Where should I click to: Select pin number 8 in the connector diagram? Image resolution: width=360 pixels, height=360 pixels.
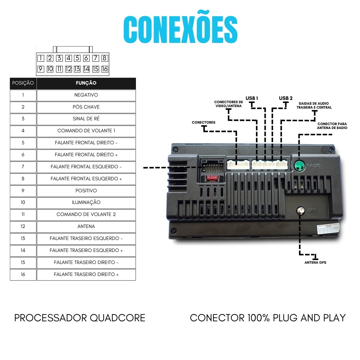(x=104, y=58)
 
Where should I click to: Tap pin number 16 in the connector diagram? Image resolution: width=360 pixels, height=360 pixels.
(x=104, y=69)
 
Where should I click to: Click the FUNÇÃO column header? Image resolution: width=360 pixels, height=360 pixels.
(x=86, y=83)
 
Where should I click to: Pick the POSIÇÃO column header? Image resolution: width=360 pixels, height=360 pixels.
(x=23, y=83)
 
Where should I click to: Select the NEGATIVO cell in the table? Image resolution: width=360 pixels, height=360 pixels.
(x=86, y=95)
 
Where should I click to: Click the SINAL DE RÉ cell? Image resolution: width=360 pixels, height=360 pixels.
(x=86, y=119)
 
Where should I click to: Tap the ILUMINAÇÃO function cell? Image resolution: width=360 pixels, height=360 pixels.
(x=86, y=202)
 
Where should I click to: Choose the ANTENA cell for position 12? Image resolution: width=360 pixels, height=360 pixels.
(x=86, y=226)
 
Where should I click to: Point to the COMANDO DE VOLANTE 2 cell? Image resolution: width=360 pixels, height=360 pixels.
(x=86, y=214)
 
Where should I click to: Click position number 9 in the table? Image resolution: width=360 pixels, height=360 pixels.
(x=23, y=191)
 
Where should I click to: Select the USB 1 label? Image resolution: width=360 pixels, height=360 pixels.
(x=252, y=98)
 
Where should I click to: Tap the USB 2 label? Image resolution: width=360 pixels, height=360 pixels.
(x=286, y=98)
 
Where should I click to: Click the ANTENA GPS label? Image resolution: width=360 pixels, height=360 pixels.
(x=315, y=262)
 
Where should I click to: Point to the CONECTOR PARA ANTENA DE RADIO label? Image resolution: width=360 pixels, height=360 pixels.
(x=332, y=126)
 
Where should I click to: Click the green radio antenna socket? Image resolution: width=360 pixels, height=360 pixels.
(x=299, y=165)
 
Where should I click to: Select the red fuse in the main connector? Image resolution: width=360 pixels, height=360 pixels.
(x=212, y=178)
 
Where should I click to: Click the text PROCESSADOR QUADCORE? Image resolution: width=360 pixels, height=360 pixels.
(x=80, y=318)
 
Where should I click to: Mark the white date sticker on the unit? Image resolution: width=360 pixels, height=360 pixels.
(x=328, y=229)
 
